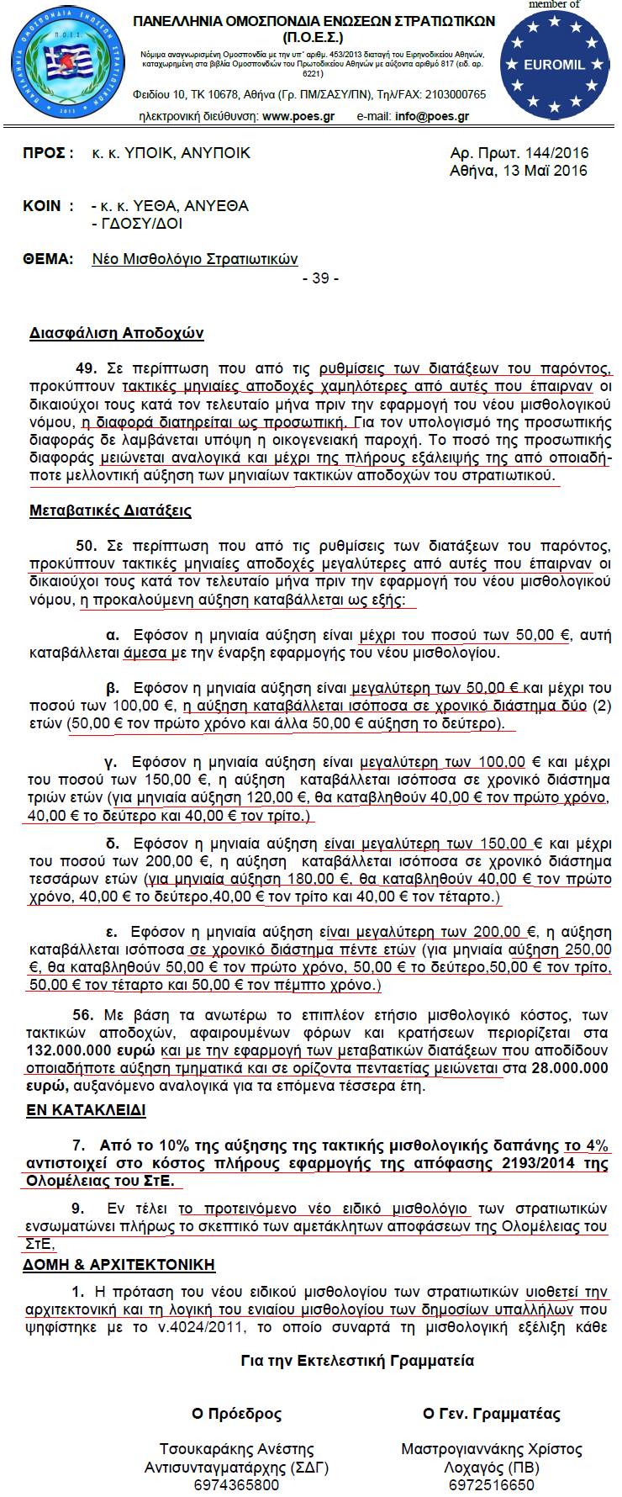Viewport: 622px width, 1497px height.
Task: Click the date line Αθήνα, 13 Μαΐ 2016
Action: coord(519,171)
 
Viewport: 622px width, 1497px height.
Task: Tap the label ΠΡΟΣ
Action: coord(47,153)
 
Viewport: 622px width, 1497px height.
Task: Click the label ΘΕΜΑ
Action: coord(48,259)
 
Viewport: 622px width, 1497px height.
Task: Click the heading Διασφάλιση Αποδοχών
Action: coord(117,333)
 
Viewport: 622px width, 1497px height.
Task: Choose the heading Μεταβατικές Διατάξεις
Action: coord(110,510)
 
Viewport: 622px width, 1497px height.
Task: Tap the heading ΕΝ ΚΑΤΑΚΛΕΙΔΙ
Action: coord(87,1110)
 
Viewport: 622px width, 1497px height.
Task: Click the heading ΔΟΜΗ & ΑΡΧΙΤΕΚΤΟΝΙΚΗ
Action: coord(122,1264)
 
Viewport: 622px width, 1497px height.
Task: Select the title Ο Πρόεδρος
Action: coord(236,1414)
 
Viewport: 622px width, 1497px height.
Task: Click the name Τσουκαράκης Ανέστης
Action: coord(236,1449)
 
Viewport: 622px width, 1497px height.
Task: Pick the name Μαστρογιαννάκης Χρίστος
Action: coord(492,1449)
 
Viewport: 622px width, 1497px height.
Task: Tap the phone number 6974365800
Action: coord(236,1485)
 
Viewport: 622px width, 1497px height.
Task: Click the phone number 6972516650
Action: coord(492,1485)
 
